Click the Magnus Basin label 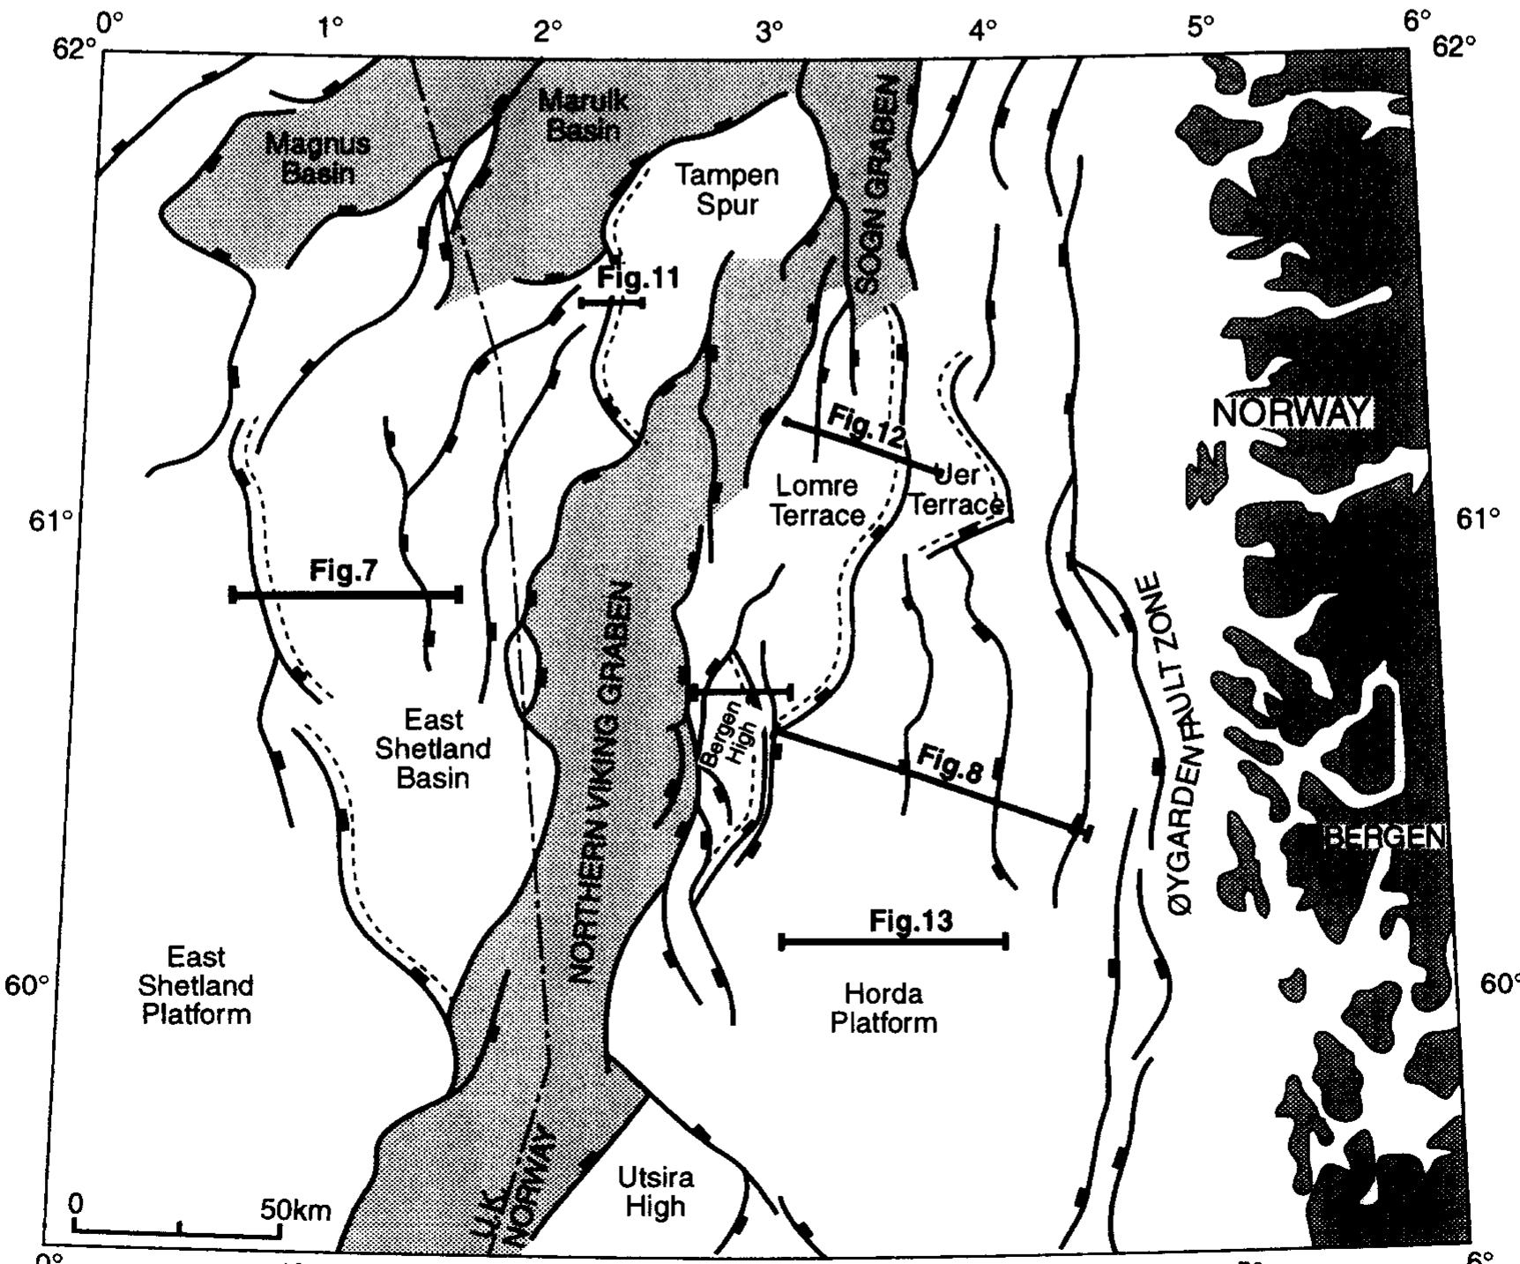[x=317, y=157]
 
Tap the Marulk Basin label [x=583, y=115]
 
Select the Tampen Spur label [x=726, y=190]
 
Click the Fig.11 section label [x=638, y=278]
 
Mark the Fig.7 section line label [x=343, y=571]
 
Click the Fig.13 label [x=911, y=921]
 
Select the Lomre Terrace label [x=816, y=500]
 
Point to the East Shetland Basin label [x=433, y=749]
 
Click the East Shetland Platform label [x=196, y=985]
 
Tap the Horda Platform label [x=883, y=1008]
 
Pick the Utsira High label [x=655, y=1192]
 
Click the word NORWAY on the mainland [x=1291, y=413]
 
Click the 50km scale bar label [x=295, y=1208]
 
